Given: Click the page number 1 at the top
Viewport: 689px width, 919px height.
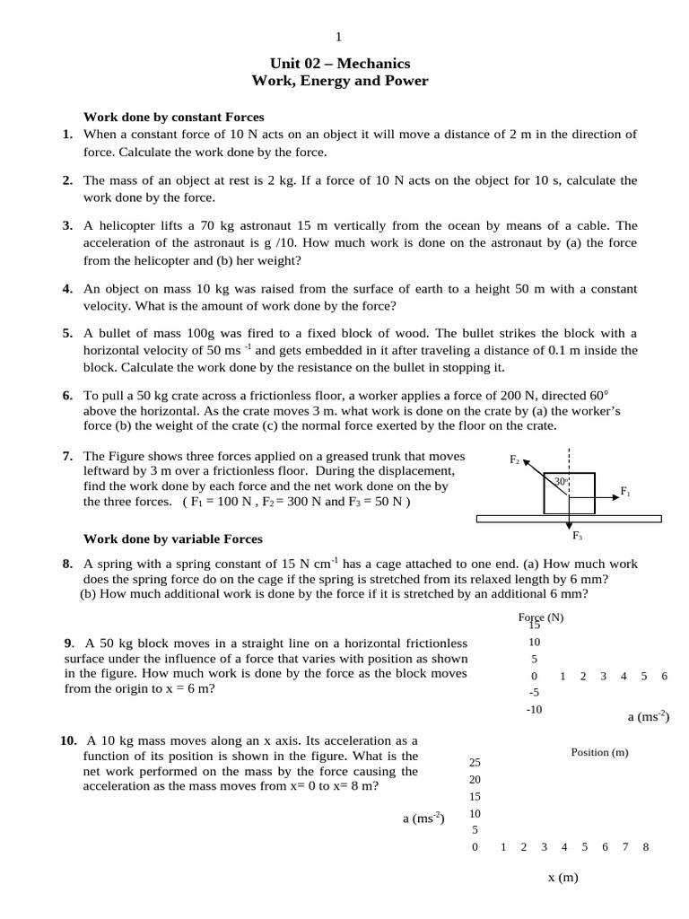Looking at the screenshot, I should tap(338, 37).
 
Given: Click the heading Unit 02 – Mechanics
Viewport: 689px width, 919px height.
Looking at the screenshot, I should tap(340, 63).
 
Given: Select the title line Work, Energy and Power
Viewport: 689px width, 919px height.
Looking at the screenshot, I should tap(340, 82).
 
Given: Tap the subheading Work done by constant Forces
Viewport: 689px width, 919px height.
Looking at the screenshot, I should tap(173, 117).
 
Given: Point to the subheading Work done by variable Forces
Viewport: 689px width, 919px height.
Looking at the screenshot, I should tap(173, 538).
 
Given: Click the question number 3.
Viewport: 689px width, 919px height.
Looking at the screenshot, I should tap(67, 226).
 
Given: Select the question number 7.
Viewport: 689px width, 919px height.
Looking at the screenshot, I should tap(67, 456).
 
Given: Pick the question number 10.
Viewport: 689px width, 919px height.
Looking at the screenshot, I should tap(68, 741).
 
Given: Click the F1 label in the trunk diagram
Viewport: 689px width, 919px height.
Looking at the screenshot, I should tap(625, 492).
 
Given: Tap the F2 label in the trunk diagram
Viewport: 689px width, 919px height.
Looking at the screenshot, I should tap(514, 459).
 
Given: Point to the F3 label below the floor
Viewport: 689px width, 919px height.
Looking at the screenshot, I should tap(577, 536).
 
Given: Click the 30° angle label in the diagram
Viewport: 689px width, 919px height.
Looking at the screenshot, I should tap(560, 482).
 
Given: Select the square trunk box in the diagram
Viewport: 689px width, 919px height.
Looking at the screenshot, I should tap(569, 494).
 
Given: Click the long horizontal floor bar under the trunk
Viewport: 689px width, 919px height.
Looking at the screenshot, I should tap(569, 518).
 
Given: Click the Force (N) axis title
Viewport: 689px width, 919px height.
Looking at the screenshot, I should tap(540, 617).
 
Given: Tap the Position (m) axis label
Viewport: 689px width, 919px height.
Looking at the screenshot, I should tap(599, 752).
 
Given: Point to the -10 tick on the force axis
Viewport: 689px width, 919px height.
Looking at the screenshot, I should tap(534, 709).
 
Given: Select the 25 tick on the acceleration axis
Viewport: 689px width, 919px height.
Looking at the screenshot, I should tap(475, 762).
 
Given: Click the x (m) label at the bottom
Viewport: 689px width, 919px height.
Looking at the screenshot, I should tap(563, 877).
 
